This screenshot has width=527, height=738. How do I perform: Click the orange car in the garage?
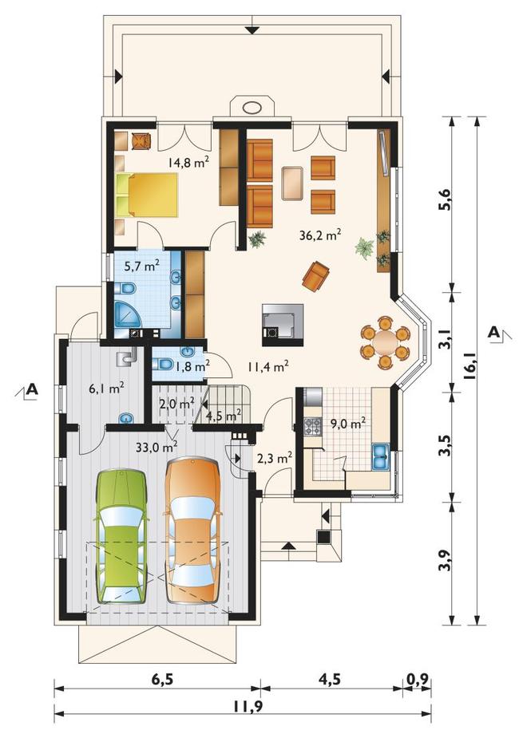pyautogui.click(x=193, y=531)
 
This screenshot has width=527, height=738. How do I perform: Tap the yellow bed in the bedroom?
pyautogui.click(x=146, y=195)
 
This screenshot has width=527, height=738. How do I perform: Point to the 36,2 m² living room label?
pyautogui.click(x=320, y=235)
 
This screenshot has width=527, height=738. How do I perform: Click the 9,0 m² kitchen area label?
pyautogui.click(x=348, y=424)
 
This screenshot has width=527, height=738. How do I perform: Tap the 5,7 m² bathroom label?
pyautogui.click(x=141, y=266)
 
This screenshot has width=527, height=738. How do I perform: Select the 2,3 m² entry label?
pyautogui.click(x=275, y=457)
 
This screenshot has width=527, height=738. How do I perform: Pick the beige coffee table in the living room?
pyautogui.click(x=292, y=184)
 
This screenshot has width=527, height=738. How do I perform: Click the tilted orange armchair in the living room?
pyautogui.click(x=315, y=276)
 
